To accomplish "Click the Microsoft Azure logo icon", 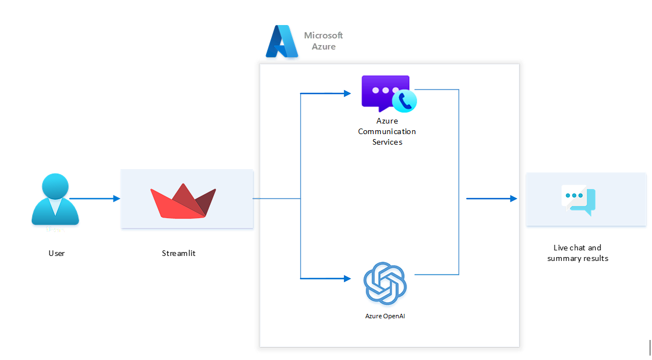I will (282, 42).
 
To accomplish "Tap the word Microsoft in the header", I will (323, 36).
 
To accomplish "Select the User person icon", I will (55, 199).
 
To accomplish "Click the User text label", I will (56, 253).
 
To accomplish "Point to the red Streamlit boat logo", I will (183, 200).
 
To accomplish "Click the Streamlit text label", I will (179, 253).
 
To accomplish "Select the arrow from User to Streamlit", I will (95, 199).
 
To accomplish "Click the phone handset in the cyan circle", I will (405, 101).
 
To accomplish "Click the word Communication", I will (387, 131).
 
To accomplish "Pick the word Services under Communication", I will (387, 142).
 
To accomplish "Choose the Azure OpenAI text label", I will (385, 316).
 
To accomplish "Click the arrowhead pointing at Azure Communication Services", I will (346, 93).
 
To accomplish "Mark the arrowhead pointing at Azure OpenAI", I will (346, 278).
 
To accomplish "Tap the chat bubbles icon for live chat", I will (579, 200).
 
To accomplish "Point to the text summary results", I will (577, 258).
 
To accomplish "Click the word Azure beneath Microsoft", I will (323, 47).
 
